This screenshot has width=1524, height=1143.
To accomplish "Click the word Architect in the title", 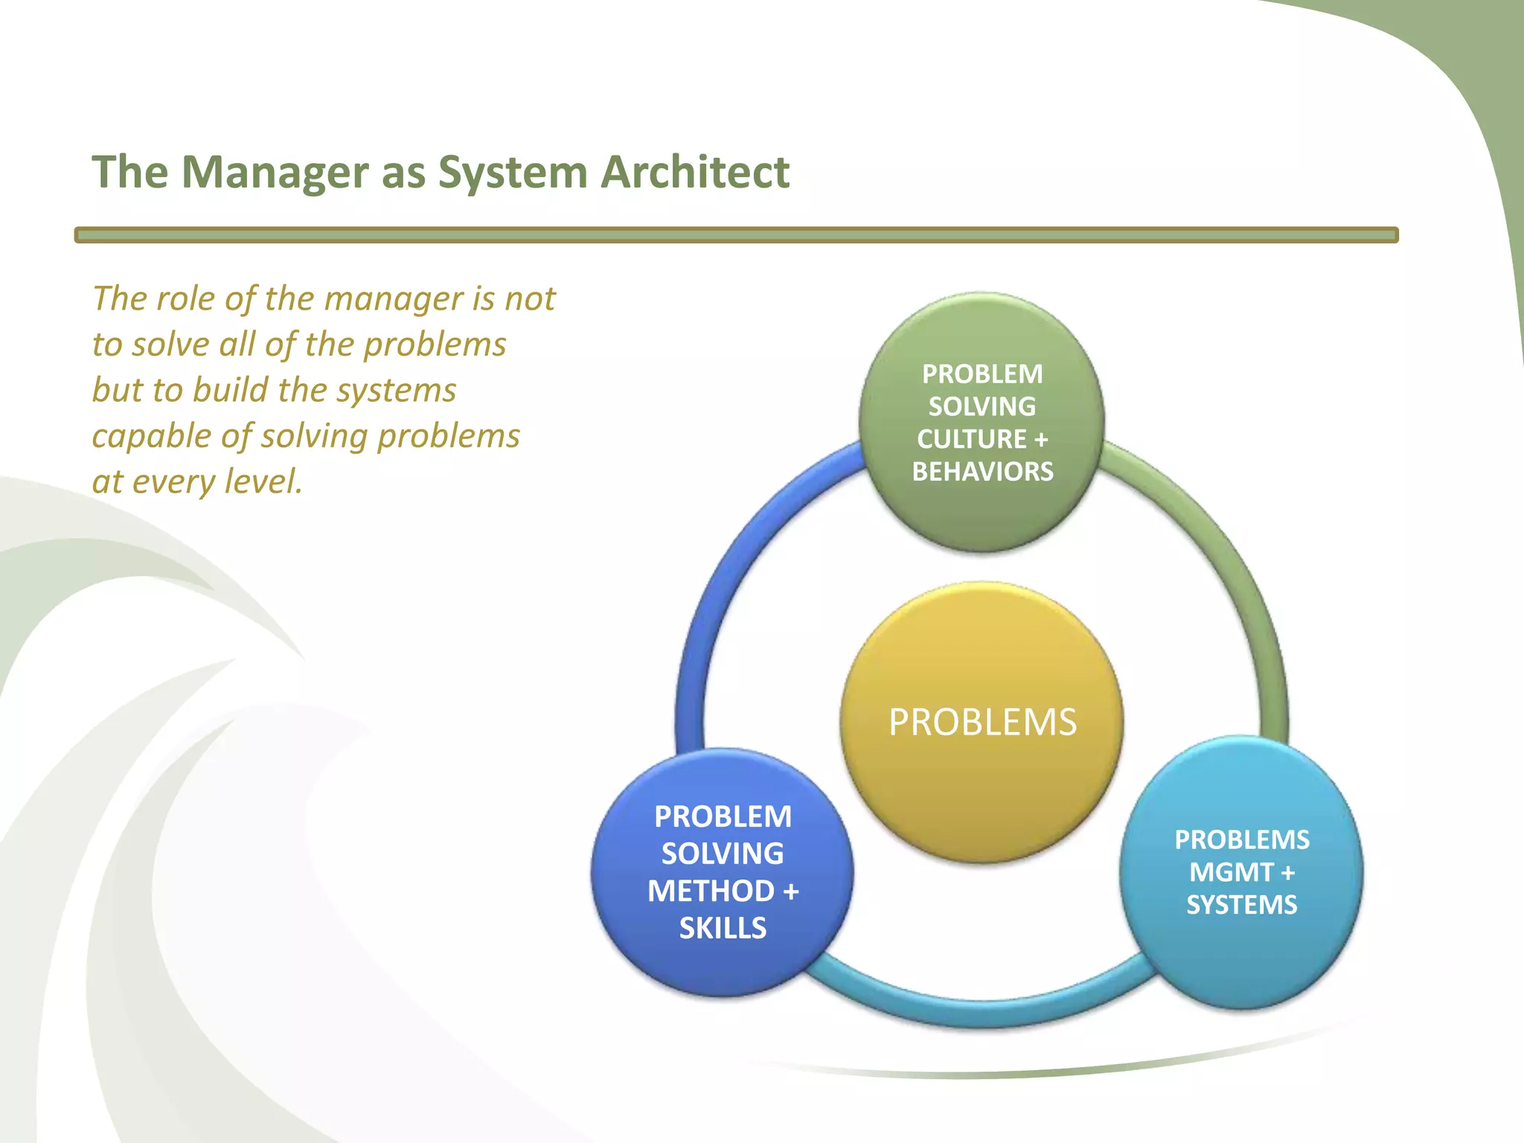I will [694, 173].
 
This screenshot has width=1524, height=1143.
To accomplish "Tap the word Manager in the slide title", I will [274, 173].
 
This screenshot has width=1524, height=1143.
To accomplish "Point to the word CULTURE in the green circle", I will [971, 439].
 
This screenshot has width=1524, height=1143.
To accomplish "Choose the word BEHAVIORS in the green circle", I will [982, 472].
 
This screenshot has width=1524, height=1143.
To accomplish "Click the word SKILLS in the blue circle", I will [723, 928].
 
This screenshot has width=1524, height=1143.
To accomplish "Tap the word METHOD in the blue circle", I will [711, 891].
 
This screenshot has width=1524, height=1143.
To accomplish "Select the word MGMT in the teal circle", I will [1231, 872].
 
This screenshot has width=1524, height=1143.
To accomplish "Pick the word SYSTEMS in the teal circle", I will [1241, 905].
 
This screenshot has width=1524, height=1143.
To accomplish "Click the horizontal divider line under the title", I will [736, 235].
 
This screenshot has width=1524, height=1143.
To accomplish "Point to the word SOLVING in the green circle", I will [982, 406].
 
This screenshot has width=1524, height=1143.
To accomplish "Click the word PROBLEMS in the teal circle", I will [1241, 839].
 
